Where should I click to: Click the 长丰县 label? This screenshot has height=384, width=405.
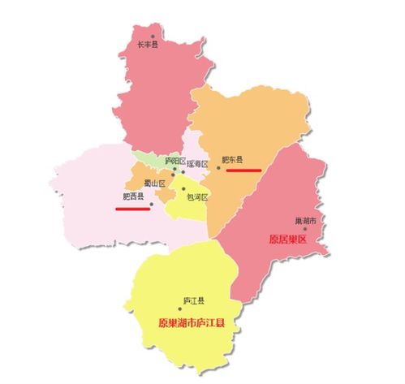147,45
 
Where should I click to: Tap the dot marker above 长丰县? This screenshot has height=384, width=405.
158,37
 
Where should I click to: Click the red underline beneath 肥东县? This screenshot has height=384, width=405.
243,170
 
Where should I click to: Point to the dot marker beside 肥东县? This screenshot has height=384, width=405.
218,169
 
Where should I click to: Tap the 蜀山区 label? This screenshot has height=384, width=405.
154,183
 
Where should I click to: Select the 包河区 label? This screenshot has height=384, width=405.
197,197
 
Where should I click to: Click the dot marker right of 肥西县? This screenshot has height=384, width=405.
152,205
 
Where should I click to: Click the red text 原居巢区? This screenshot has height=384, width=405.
288,239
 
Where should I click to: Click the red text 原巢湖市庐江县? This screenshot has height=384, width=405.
192,322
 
